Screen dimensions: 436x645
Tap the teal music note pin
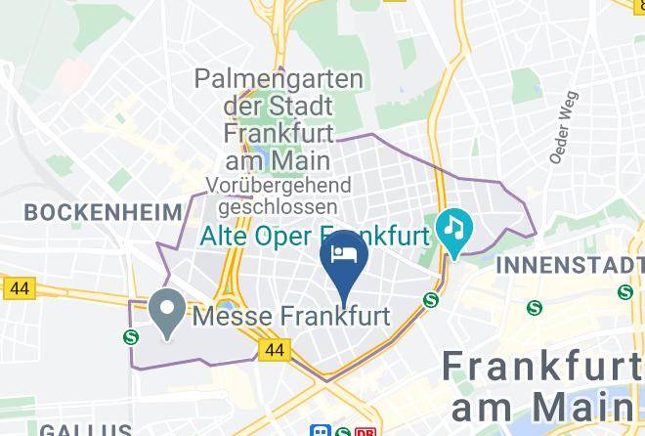click(453, 231)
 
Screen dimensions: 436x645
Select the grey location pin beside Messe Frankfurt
click(167, 313)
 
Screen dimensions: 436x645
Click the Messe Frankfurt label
click(291, 317)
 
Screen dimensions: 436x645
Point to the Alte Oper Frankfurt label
click(315, 237)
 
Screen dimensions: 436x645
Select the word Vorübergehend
click(278, 186)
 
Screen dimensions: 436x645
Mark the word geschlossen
click(279, 207)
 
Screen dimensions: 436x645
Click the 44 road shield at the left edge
click(19, 288)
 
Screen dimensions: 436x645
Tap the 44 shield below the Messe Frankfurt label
click(276, 349)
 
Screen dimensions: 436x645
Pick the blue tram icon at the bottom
click(320, 430)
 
